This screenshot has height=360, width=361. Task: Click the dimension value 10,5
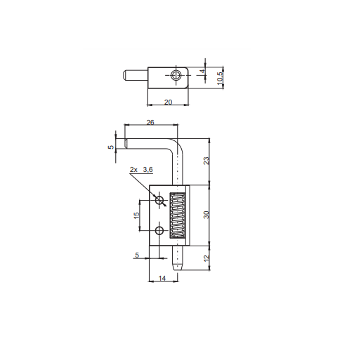220,78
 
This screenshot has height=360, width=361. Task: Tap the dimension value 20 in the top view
168,102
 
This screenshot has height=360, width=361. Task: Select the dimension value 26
150,122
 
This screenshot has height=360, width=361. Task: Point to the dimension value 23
206,161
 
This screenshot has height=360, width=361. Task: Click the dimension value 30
206,215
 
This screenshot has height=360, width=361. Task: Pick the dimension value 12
206,258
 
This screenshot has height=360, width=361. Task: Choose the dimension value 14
162,278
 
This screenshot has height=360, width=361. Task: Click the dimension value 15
136,215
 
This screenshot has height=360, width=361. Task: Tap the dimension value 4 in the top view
203,71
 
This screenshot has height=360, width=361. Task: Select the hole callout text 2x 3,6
141,170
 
